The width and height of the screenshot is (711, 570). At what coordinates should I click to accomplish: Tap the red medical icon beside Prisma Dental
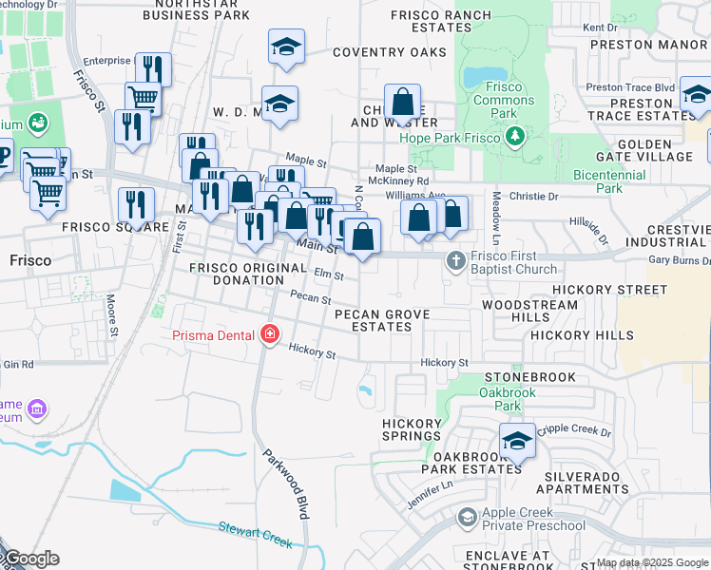[270, 334]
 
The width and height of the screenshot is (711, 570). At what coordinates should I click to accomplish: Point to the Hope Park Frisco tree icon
[514, 137]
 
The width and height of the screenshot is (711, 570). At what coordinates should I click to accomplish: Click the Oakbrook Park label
[500, 399]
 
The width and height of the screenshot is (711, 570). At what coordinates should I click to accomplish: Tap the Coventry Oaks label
[389, 52]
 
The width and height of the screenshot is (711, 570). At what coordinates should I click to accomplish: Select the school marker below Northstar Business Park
[286, 47]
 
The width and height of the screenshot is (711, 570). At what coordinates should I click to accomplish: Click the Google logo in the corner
[30, 559]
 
